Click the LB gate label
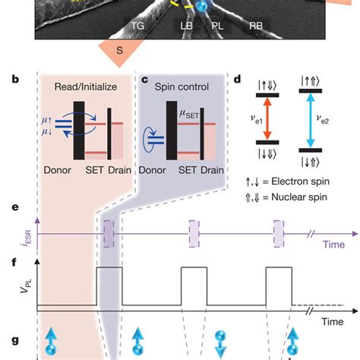tap(187, 25)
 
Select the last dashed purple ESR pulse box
tap(279, 232)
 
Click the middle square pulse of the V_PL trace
tap(193, 286)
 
